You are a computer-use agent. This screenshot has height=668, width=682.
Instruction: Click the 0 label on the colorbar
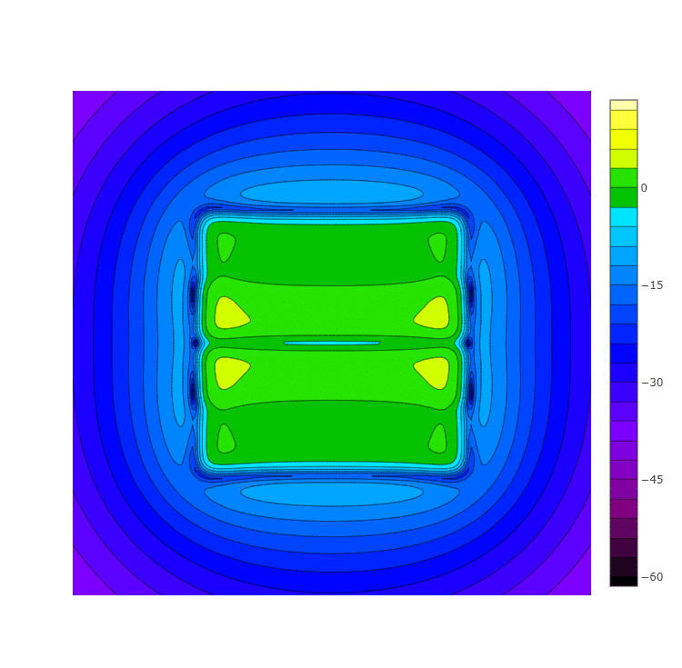coord(644,188)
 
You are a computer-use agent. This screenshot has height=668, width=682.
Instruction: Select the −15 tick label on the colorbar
coord(652,285)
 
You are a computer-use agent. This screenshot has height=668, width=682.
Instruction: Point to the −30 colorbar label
coord(652,383)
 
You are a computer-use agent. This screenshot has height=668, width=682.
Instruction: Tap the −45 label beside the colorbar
coord(652,480)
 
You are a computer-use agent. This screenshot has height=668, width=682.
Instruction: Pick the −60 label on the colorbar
coord(652,577)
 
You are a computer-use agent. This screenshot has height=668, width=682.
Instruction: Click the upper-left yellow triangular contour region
coord(230,314)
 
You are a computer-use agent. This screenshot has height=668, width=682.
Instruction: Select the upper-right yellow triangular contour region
coord(434,314)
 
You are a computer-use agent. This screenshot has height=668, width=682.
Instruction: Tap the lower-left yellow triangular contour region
coord(230,373)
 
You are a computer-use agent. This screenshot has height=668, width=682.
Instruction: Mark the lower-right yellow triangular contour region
coord(434,373)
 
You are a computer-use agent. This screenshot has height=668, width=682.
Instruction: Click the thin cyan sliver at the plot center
coord(332,343)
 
